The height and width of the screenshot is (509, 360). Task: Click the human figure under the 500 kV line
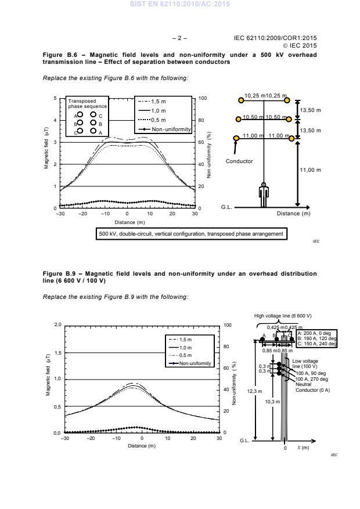click(263, 196)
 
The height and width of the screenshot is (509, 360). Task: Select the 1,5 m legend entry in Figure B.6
click(158, 100)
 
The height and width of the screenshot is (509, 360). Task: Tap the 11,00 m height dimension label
click(310, 170)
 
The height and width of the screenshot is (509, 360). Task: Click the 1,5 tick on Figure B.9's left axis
click(57, 352)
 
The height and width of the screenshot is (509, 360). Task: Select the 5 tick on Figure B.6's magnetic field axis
click(56, 99)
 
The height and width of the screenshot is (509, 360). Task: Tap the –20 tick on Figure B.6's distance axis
click(82, 214)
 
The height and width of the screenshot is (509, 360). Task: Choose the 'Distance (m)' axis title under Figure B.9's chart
click(142, 446)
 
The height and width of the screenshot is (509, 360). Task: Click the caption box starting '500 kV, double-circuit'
click(191, 234)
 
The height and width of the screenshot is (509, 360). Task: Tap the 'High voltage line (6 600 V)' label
click(283, 316)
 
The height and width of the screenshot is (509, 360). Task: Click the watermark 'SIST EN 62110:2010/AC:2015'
click(180, 4)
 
